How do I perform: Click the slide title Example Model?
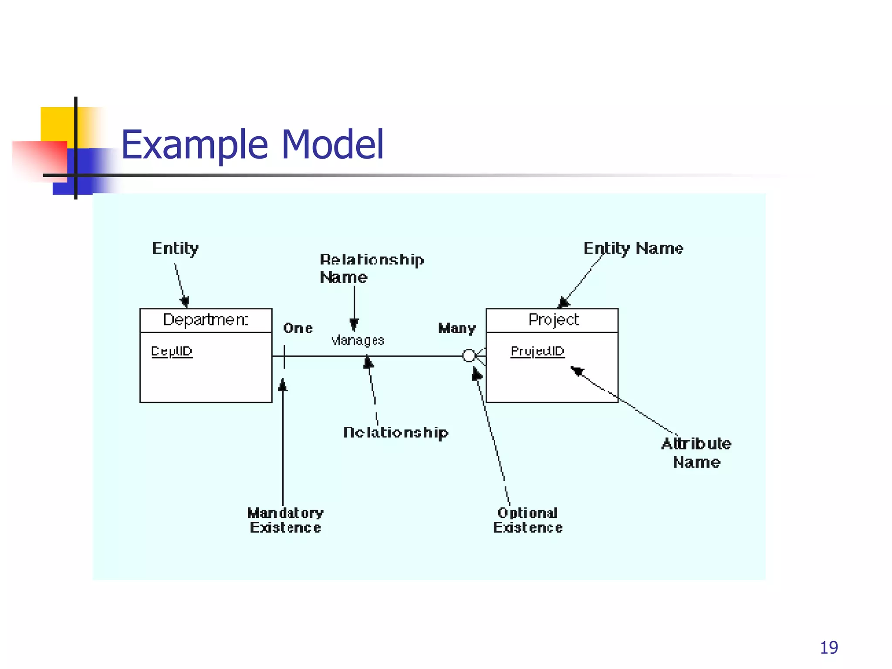(252, 145)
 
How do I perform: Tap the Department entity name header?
(206, 320)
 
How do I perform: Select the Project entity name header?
(553, 320)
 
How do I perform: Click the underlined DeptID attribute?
(172, 351)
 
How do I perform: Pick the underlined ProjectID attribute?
(537, 351)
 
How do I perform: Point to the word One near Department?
(298, 328)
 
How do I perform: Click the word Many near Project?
(457, 328)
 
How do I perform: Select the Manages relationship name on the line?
(358, 340)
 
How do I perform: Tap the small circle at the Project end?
(469, 356)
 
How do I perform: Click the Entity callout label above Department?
(176, 249)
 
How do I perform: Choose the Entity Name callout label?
(633, 249)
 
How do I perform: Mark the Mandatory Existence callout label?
(285, 520)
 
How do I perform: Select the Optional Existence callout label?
(527, 520)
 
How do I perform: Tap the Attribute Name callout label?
(696, 453)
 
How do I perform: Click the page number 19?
(828, 648)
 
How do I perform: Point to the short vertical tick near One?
(284, 357)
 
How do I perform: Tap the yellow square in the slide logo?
(57, 124)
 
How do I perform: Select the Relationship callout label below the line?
(395, 432)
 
